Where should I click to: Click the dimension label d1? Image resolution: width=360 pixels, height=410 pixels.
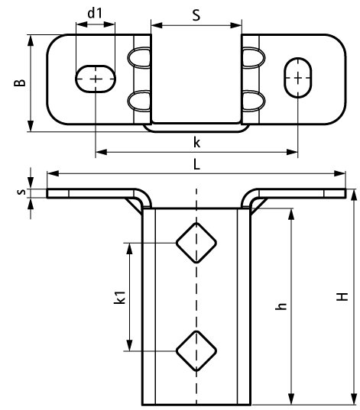tap(95, 13)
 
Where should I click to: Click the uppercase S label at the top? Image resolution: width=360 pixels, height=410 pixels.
tap(196, 15)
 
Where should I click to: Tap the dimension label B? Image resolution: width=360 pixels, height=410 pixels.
tap(20, 82)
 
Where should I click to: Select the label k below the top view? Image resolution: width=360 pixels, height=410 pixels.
tap(196, 143)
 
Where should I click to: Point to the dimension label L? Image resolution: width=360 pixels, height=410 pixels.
tap(196, 164)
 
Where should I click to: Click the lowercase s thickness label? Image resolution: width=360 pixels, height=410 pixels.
tap(21, 192)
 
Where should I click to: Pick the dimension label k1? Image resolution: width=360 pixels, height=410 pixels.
tap(120, 297)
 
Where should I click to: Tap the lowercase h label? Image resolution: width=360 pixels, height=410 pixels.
tap(281, 306)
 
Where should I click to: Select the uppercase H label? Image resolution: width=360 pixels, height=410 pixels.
tap(342, 297)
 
